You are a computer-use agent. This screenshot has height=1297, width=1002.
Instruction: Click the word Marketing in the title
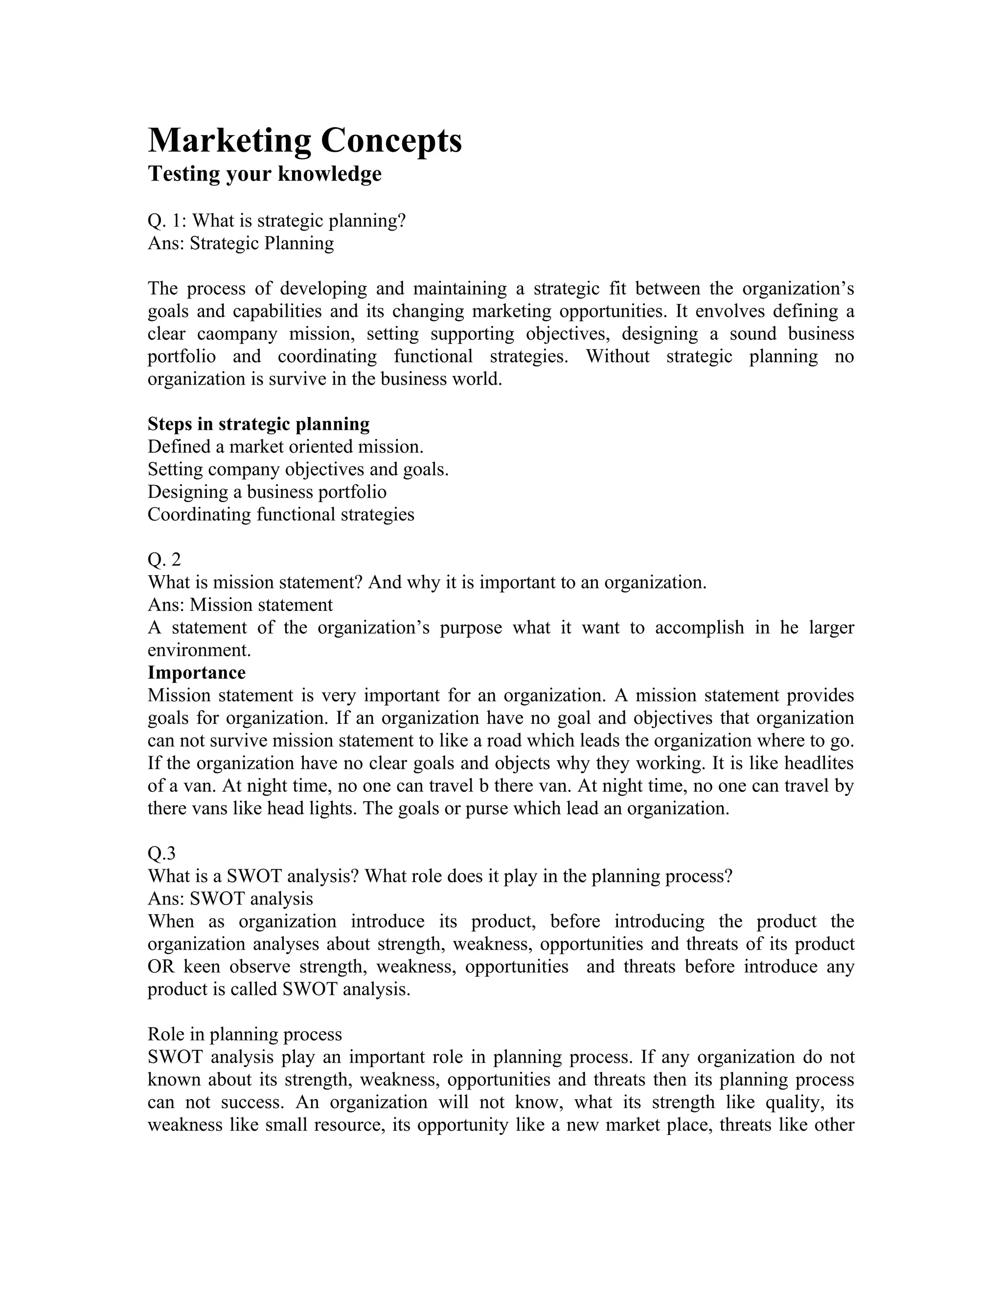click(229, 141)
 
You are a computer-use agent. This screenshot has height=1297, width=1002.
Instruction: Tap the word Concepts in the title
click(391, 141)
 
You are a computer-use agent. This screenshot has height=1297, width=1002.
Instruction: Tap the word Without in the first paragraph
click(617, 356)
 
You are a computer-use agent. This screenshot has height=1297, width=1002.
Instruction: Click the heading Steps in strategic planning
click(258, 424)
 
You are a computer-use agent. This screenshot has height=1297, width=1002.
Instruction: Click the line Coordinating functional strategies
click(281, 514)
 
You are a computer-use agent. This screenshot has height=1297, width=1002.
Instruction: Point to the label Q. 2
click(164, 559)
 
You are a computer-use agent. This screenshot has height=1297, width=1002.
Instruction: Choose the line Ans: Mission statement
click(240, 604)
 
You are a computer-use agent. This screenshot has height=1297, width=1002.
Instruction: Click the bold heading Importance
click(197, 673)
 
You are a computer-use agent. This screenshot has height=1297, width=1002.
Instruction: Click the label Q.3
click(161, 854)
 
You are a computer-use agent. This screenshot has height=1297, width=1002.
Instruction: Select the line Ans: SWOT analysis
click(230, 899)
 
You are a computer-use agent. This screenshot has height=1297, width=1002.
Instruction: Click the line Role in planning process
click(245, 1035)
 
